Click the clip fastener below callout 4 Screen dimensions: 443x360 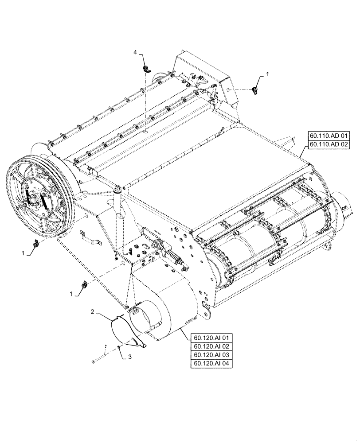(145, 69)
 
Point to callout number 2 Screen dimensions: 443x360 (92, 312)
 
